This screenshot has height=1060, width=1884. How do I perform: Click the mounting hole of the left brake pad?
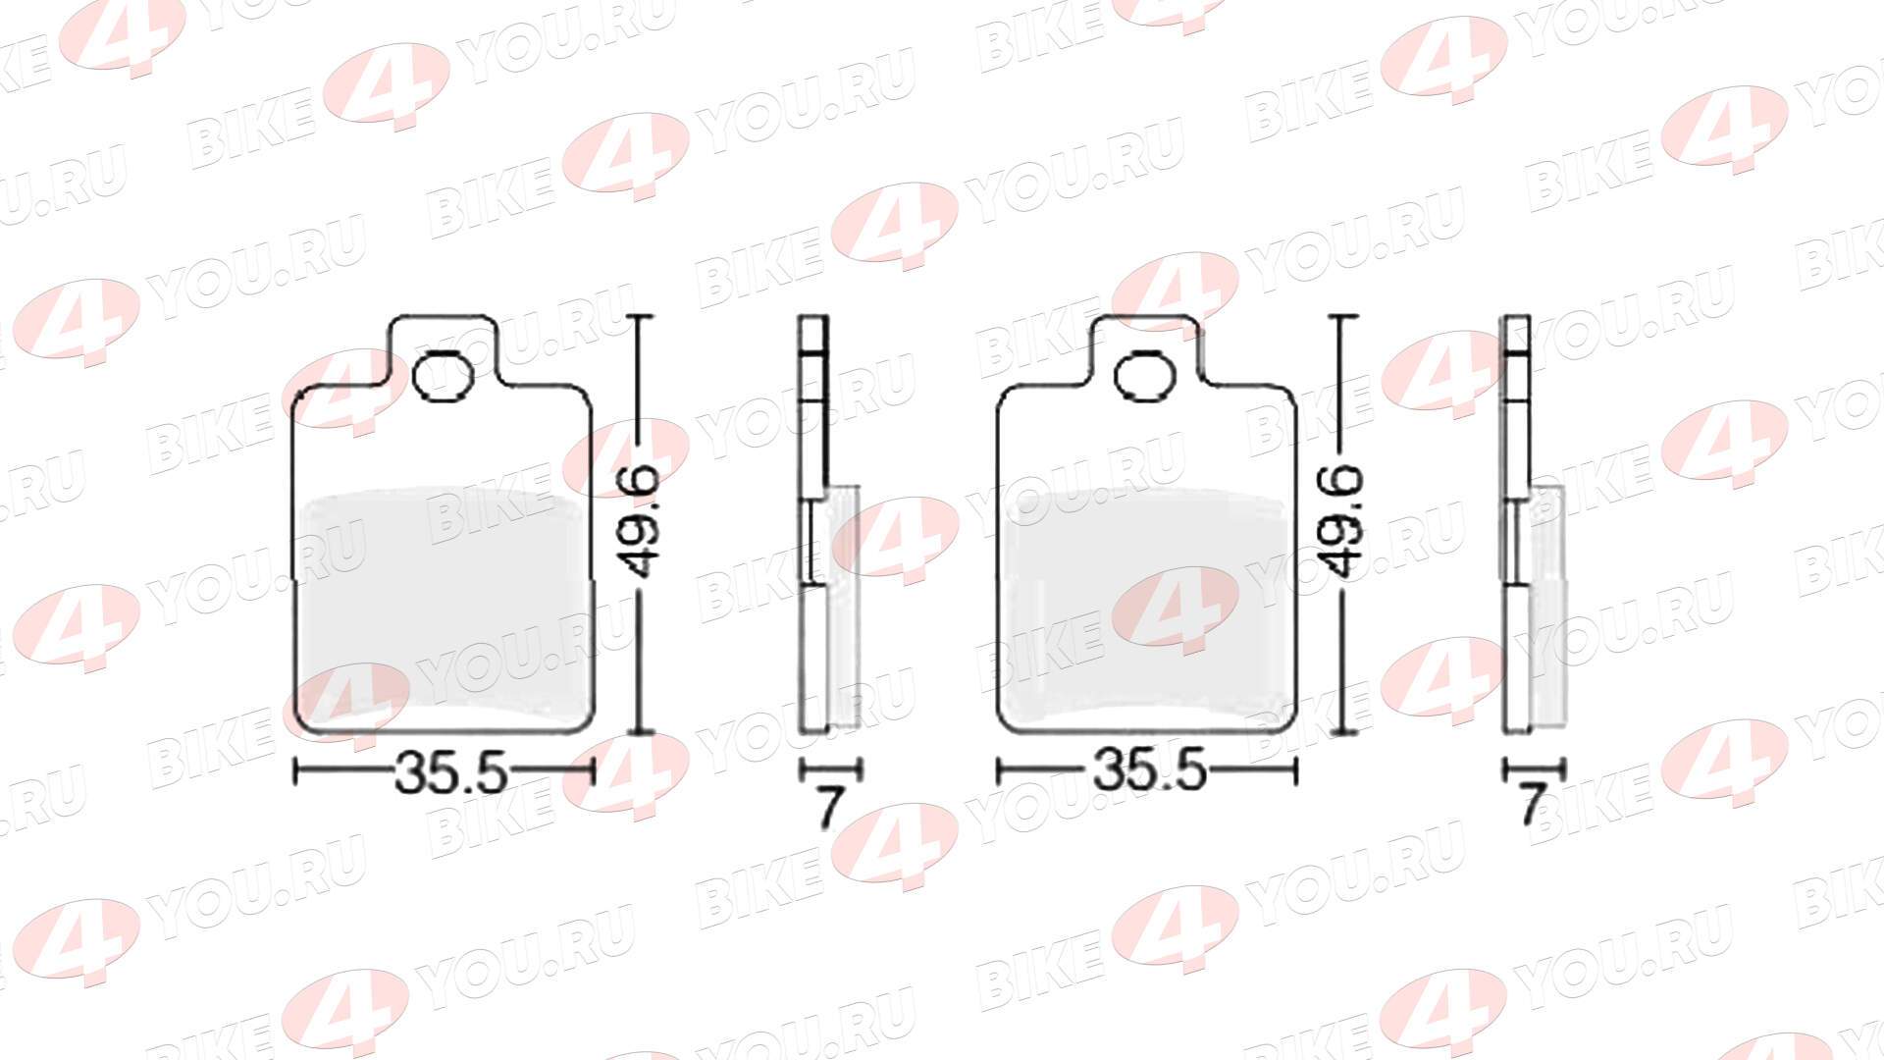click(443, 377)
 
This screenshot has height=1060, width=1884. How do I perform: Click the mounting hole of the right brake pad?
click(1146, 377)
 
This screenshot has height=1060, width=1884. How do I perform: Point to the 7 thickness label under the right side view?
click(1532, 808)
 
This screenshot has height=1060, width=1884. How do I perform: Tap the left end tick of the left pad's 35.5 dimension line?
click(296, 772)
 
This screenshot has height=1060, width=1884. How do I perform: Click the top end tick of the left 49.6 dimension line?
click(641, 317)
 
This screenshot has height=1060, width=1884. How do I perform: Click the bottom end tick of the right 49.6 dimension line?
click(1343, 732)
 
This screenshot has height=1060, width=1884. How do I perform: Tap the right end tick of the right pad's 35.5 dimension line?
click(1295, 772)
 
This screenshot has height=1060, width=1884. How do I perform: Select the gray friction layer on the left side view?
click(844, 609)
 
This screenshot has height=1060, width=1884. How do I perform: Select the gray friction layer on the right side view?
click(1547, 609)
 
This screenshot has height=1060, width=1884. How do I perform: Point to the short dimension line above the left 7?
click(830, 769)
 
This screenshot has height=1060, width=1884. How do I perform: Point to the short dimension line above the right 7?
click(1534, 769)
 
